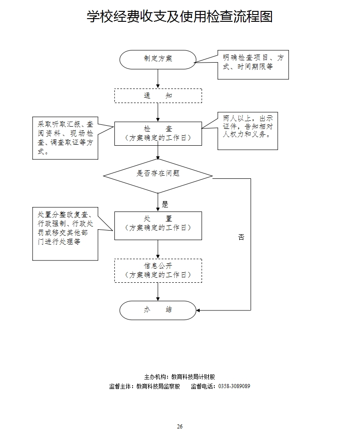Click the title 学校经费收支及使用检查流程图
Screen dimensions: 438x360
(x=180, y=17)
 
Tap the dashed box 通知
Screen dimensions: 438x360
(x=158, y=96)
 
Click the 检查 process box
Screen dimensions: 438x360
(x=158, y=133)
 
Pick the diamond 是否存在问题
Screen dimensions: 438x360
(x=158, y=175)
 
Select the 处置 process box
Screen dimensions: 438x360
(x=158, y=225)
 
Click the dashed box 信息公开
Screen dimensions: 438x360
(x=158, y=271)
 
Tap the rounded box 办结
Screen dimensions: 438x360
(x=158, y=310)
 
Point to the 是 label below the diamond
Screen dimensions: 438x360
(x=165, y=204)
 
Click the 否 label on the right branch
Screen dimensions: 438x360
(x=241, y=237)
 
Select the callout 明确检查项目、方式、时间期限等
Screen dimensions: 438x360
(x=253, y=64)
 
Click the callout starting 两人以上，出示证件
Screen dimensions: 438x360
(x=247, y=131)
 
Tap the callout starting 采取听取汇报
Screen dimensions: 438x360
(x=65, y=138)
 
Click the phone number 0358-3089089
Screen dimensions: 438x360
(x=234, y=386)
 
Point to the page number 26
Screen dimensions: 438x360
(x=180, y=426)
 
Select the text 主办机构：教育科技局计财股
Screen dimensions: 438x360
(x=180, y=377)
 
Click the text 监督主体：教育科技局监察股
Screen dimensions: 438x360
(x=145, y=386)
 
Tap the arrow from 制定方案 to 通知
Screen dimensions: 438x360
(x=158, y=79)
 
